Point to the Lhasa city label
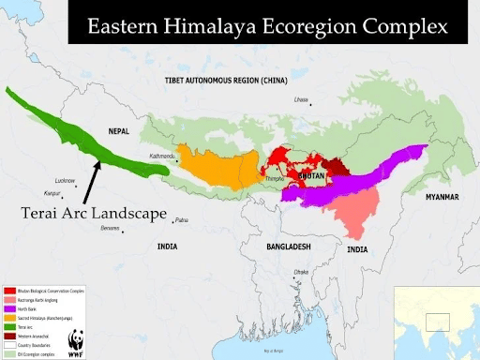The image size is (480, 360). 301,99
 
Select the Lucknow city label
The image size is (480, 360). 65,179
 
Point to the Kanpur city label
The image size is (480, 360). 52,194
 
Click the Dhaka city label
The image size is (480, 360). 301,272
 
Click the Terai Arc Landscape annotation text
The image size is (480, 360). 93,214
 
